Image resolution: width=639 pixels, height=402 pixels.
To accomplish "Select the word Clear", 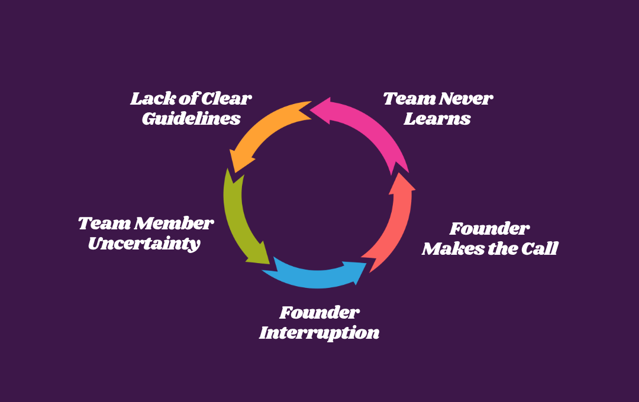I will tap(227, 99).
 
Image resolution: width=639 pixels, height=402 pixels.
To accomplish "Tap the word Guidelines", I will tap(191, 119).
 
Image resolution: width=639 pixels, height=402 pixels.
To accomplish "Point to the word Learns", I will tap(437, 119).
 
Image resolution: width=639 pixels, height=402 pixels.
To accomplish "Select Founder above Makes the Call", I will tap(489, 229).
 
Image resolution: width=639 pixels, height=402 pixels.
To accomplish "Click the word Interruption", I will tap(319, 333).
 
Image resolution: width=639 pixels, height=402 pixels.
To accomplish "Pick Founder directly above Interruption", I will tap(319, 313).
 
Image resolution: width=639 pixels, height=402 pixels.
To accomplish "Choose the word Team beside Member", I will tap(104, 224).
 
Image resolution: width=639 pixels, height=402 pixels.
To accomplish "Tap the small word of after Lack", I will tap(185, 99).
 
